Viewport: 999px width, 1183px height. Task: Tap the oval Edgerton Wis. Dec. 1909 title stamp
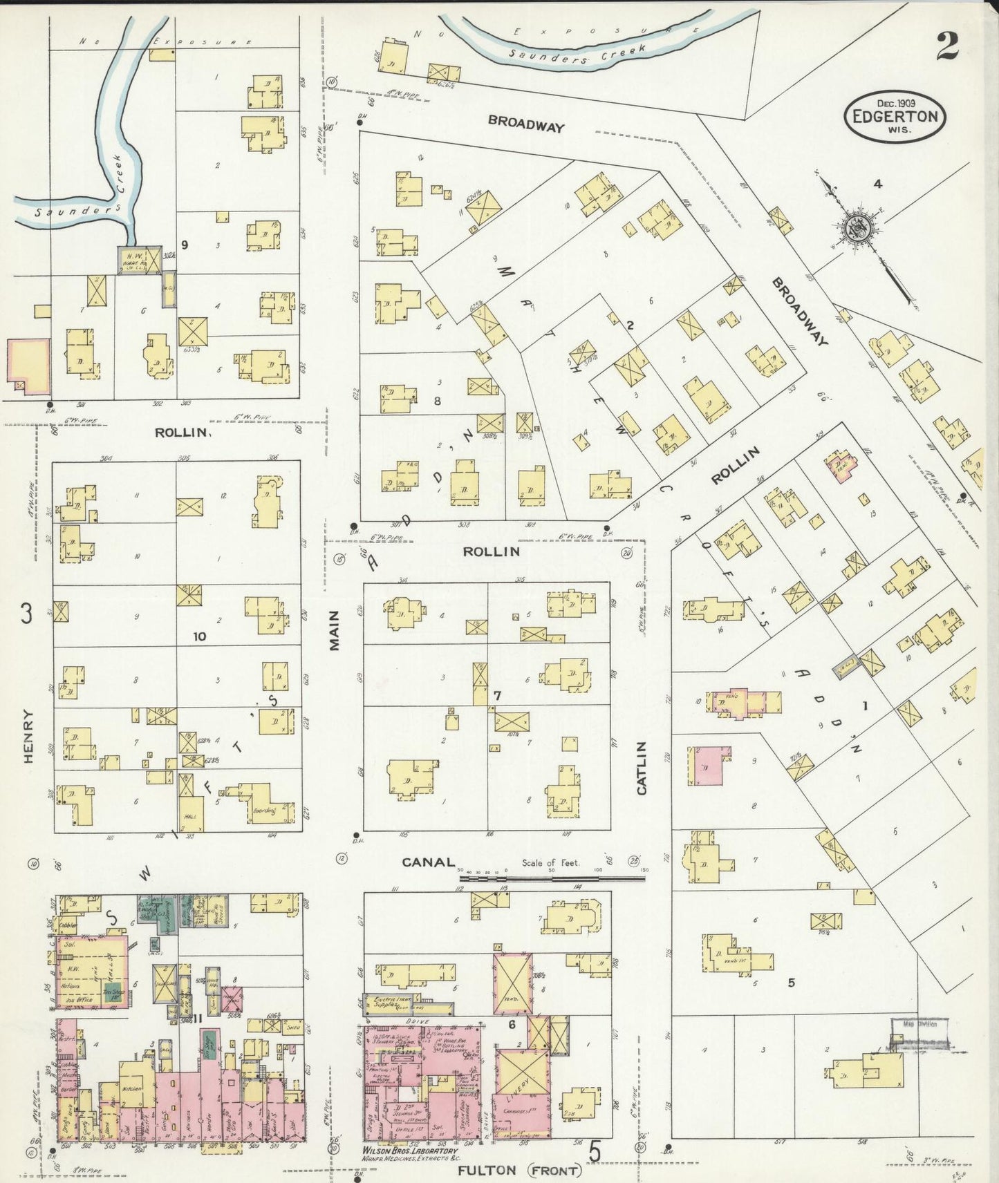(x=895, y=116)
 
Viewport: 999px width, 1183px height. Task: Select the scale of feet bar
(x=553, y=878)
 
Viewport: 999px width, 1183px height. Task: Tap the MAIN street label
(x=335, y=630)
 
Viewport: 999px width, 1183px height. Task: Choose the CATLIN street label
(x=641, y=768)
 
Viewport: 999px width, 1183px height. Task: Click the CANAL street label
(x=429, y=862)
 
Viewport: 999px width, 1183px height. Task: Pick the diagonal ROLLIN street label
(x=736, y=466)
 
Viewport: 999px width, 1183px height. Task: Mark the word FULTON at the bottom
(x=486, y=1170)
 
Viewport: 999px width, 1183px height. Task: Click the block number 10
(x=199, y=636)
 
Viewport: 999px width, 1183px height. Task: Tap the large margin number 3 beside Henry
(x=26, y=614)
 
